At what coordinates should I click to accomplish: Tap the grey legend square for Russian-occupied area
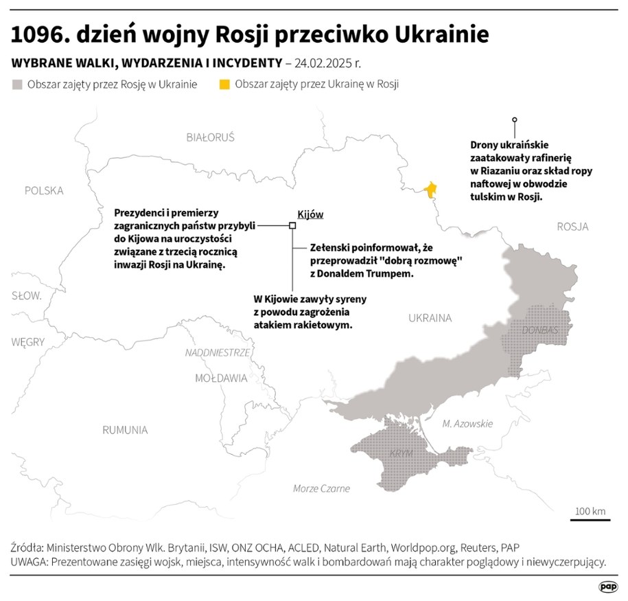pyautogui.click(x=17, y=84)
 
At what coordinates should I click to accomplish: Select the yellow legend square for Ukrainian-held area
pyautogui.click(x=224, y=84)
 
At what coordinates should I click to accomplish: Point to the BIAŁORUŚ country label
pyautogui.click(x=210, y=137)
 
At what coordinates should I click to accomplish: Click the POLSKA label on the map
pyautogui.click(x=44, y=190)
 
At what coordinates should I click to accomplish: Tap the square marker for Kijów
pyautogui.click(x=292, y=225)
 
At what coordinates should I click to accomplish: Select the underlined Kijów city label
pyautogui.click(x=310, y=214)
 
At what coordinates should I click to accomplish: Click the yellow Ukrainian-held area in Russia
pyautogui.click(x=431, y=190)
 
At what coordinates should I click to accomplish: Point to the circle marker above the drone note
pyautogui.click(x=515, y=120)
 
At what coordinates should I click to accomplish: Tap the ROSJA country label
pyautogui.click(x=572, y=227)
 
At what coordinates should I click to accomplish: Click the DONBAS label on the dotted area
pyautogui.click(x=540, y=330)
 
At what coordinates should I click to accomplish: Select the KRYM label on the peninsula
pyautogui.click(x=401, y=454)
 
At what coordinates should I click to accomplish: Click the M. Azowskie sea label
pyautogui.click(x=467, y=424)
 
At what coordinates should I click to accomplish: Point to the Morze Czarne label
pyautogui.click(x=321, y=488)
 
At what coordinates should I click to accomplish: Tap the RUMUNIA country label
pyautogui.click(x=125, y=430)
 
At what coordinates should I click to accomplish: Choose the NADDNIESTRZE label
pyautogui.click(x=217, y=352)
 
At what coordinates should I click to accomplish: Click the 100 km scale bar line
pyautogui.click(x=590, y=520)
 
